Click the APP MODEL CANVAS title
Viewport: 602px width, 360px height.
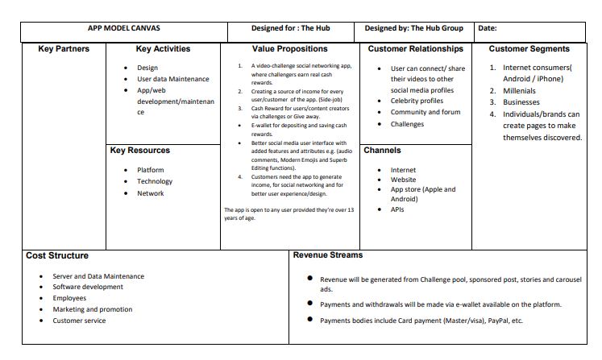[x=122, y=28]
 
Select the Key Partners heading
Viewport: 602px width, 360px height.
[x=64, y=49]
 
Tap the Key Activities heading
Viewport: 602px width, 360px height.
[x=163, y=49]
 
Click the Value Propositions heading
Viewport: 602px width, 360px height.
[x=290, y=49]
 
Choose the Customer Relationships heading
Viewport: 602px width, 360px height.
[x=415, y=49]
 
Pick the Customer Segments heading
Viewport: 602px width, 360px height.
[x=529, y=49]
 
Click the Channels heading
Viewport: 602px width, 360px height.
[x=383, y=151]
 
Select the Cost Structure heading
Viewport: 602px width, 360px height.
[x=57, y=255]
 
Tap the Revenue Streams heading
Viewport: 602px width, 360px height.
[x=327, y=255]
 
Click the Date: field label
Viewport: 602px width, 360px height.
[x=488, y=28]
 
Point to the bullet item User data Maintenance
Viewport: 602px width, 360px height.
[x=172, y=79]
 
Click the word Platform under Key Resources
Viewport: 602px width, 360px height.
[x=151, y=170]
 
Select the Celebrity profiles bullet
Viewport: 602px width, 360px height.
[x=417, y=101]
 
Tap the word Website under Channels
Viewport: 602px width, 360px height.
[x=404, y=180]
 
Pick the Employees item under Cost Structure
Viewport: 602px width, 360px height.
[x=70, y=298]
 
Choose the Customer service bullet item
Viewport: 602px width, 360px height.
[x=79, y=321]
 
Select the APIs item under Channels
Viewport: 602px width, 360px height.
[x=398, y=209]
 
